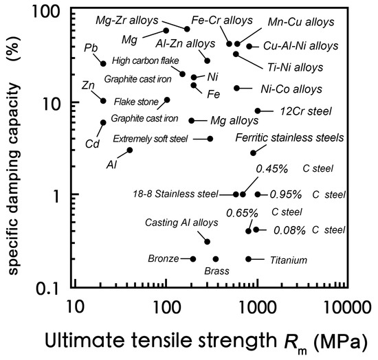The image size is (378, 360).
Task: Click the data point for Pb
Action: [x=103, y=64]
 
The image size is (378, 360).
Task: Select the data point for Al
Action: [x=130, y=150]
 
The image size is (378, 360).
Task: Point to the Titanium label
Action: [x=288, y=260]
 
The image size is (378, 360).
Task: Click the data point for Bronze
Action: [x=193, y=259]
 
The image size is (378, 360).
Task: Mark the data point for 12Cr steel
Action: [x=258, y=111]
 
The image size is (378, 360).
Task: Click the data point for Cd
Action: [x=103, y=123]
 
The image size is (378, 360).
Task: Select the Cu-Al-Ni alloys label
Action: [x=302, y=47]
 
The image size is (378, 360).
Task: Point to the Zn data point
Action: [x=103, y=101]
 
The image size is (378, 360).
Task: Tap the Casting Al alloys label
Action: [x=181, y=223]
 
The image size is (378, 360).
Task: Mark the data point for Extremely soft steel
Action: [x=210, y=139]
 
